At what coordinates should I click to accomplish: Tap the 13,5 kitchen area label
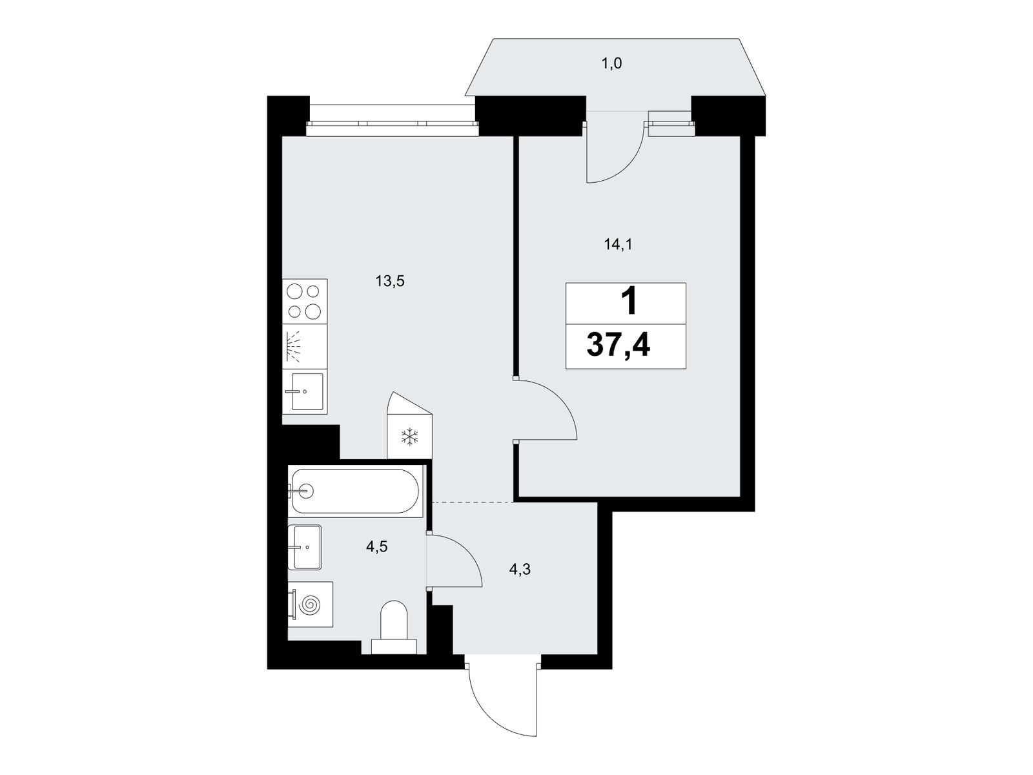point(390,282)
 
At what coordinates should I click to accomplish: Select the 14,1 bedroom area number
point(618,244)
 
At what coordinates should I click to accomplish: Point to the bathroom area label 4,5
point(376,547)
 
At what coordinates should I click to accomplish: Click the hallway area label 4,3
point(520,570)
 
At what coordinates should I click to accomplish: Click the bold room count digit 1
point(629,302)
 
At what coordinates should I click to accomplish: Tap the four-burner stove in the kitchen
point(305,301)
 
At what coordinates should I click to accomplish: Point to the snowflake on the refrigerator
point(409,437)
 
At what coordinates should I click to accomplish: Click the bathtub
point(356,491)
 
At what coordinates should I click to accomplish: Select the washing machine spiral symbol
point(311,604)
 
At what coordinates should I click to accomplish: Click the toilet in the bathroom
point(393,628)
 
